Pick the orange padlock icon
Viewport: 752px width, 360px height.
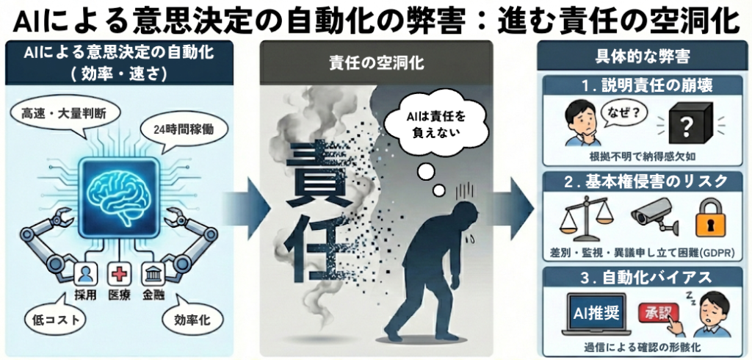pyautogui.click(x=712, y=218)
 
